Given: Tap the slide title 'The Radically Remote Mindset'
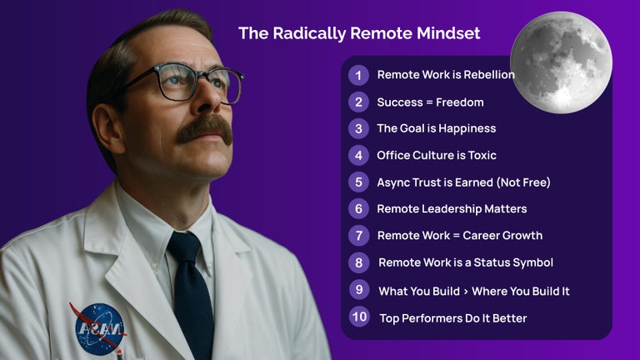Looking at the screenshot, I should click(359, 33).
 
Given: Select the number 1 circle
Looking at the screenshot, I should click(358, 75).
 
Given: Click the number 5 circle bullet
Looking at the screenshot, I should click(358, 182).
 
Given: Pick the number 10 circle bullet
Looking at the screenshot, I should click(359, 317).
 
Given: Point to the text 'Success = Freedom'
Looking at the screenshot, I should click(430, 102).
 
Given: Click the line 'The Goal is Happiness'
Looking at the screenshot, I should click(436, 128).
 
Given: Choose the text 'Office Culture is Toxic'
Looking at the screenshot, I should click(437, 155).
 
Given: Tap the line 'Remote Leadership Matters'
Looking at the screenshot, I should click(452, 208).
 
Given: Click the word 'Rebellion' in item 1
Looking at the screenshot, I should click(487, 75).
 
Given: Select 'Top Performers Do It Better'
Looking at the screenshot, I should click(453, 317).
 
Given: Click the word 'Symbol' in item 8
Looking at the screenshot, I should click(533, 262).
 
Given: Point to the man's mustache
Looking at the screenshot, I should click(204, 127).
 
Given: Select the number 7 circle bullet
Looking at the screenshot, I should click(358, 235).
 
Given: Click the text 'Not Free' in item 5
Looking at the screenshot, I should click(526, 182).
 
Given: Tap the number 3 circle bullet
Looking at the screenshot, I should click(358, 128).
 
